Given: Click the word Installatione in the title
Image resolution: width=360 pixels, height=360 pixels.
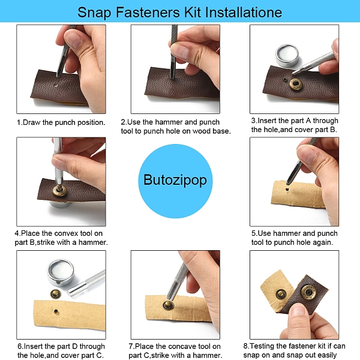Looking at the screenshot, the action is (244, 12).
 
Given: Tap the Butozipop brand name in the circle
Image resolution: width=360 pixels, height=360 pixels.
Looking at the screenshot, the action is (175, 180).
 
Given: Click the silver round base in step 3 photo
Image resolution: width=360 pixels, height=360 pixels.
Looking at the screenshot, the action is (287, 55).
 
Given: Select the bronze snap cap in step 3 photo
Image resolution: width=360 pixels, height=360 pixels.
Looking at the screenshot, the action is (295, 84).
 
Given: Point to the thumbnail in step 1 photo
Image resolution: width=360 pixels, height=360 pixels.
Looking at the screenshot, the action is (73, 38).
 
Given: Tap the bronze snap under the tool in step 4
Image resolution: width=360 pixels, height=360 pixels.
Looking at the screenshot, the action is (59, 190).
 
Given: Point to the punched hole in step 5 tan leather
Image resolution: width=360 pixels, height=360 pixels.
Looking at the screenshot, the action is (287, 190).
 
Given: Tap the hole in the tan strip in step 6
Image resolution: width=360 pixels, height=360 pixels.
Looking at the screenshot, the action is (56, 311).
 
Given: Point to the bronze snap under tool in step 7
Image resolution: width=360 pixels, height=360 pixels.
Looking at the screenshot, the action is (169, 305).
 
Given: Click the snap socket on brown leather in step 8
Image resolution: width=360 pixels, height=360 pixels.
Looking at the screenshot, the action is (308, 292).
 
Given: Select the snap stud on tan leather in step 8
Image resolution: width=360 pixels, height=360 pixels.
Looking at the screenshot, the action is (281, 295).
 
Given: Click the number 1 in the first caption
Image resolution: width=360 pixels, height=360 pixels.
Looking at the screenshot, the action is (19, 122).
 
